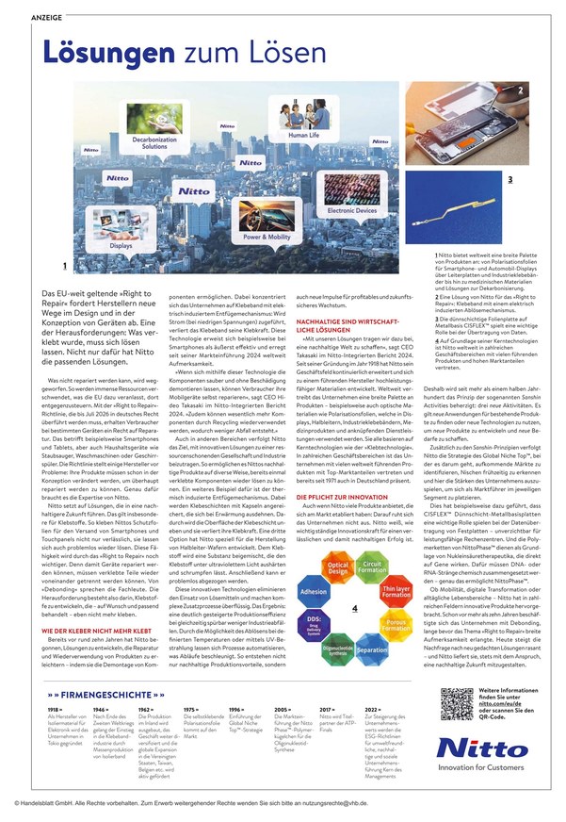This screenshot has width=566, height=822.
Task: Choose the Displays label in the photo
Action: [121, 243]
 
